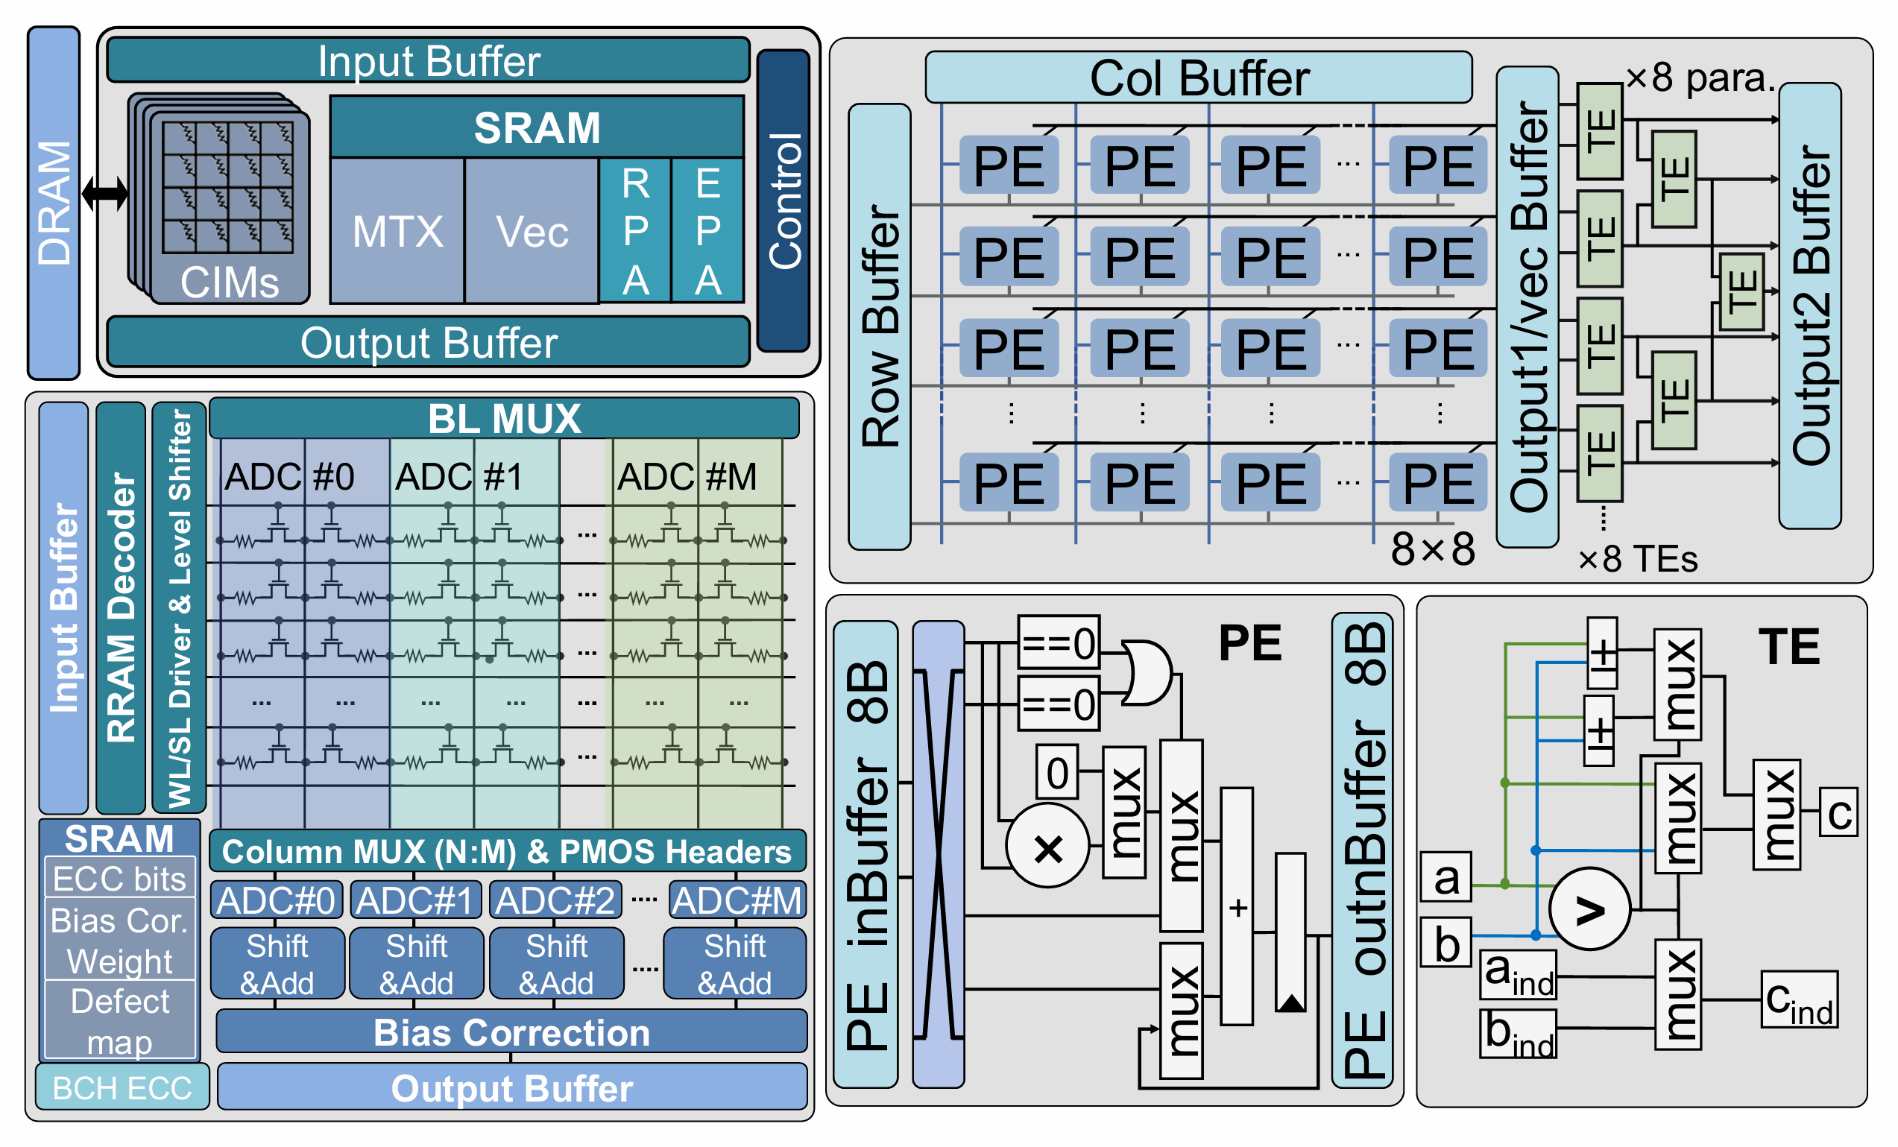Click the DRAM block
click(54, 203)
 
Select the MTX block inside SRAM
click(397, 231)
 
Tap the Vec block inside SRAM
click(532, 231)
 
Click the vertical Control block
click(784, 200)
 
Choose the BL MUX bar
click(504, 418)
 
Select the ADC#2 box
click(555, 900)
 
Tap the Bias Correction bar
click(511, 1032)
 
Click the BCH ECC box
click(122, 1087)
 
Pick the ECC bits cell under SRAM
click(119, 878)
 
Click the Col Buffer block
click(1198, 77)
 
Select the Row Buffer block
click(880, 326)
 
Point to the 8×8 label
click(1432, 549)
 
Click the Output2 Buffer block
click(1809, 306)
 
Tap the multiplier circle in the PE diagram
click(1047, 847)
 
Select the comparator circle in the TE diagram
click(1589, 909)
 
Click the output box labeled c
click(1838, 812)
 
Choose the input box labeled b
click(1445, 942)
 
